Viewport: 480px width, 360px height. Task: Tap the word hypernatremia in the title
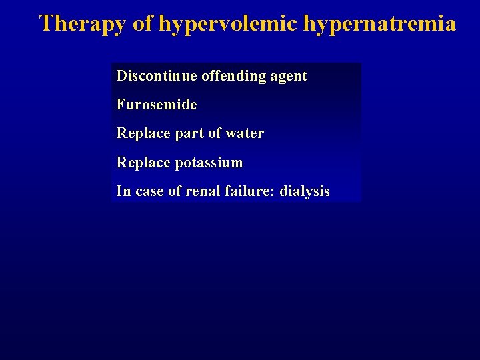click(380, 24)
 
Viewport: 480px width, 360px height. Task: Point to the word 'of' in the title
click(143, 24)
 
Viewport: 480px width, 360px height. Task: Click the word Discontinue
click(156, 76)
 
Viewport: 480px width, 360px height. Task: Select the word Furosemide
click(157, 105)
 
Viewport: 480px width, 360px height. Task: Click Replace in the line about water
click(143, 133)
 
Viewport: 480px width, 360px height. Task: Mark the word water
click(245, 133)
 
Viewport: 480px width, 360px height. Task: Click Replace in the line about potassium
click(143, 163)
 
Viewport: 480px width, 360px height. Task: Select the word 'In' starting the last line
click(123, 191)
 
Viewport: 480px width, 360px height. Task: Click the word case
click(150, 192)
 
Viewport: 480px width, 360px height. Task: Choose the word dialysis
click(305, 191)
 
